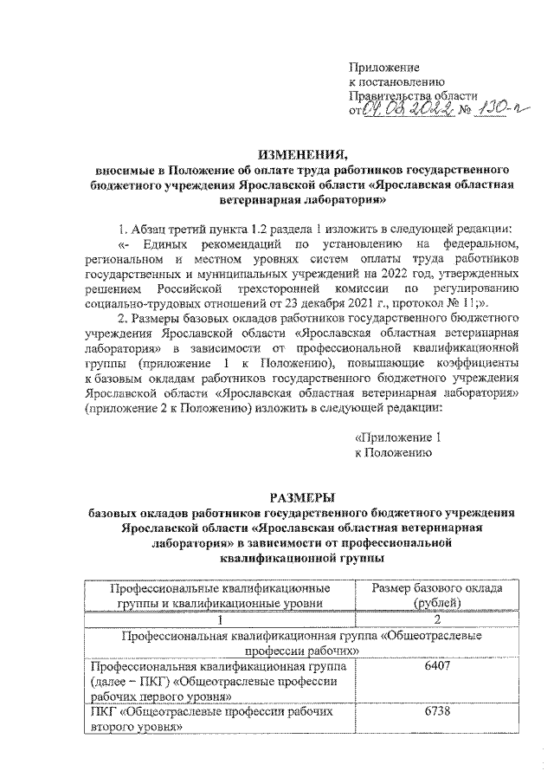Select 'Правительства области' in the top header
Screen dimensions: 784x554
[412, 95]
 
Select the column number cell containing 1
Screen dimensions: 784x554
[221, 619]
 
